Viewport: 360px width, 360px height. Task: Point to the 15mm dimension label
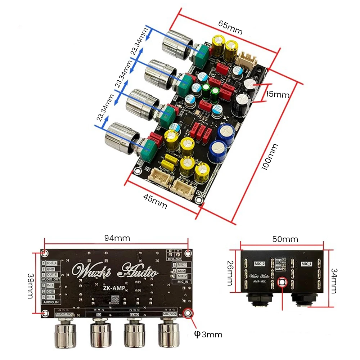tap(278, 95)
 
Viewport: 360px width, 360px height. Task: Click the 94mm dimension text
tap(117, 238)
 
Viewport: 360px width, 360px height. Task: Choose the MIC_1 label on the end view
tap(306, 264)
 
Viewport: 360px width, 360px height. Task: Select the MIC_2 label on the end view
tap(260, 264)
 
